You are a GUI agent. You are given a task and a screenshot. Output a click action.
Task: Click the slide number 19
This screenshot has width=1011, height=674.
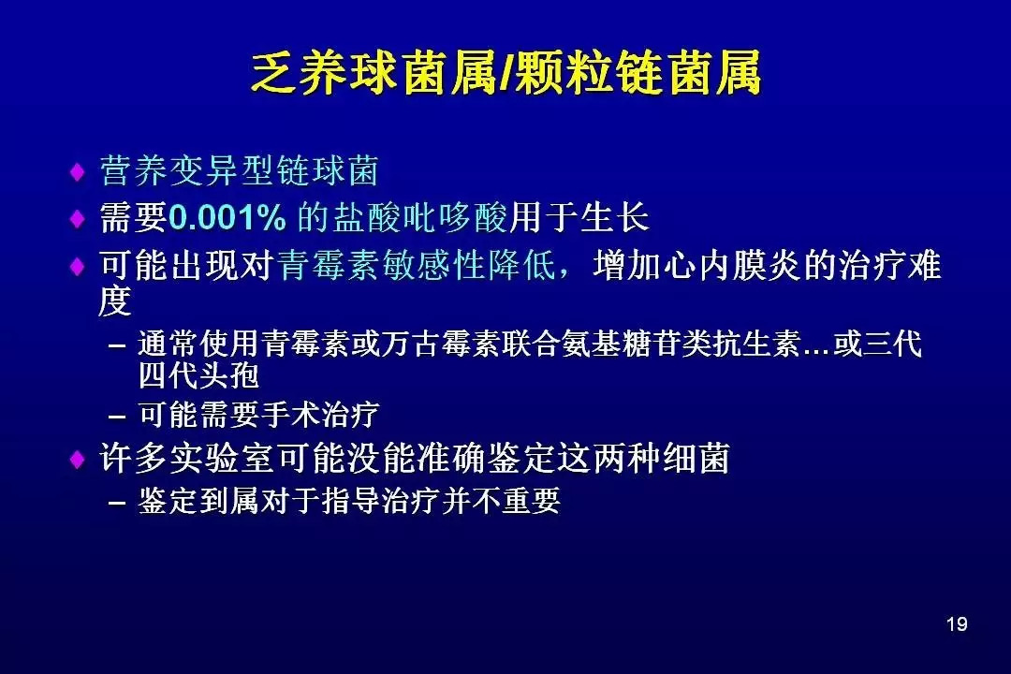click(x=957, y=623)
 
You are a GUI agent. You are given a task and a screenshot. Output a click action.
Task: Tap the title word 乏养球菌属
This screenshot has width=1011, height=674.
click(x=374, y=72)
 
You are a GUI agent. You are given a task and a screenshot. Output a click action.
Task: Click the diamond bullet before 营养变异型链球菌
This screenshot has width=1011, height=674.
click(x=78, y=172)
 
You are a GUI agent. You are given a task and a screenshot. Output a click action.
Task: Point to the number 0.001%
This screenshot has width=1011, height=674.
click(x=227, y=217)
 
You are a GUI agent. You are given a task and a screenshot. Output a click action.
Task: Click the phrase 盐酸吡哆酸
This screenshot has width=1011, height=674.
click(x=420, y=217)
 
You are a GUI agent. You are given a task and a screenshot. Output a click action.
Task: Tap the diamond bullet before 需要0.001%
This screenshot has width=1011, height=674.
click(x=78, y=219)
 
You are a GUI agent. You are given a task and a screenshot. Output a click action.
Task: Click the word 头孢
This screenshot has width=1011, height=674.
click(x=229, y=375)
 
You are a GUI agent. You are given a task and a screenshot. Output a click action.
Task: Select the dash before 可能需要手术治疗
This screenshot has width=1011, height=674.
click(x=117, y=417)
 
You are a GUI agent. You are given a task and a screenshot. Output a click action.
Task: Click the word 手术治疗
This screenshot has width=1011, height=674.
click(x=319, y=414)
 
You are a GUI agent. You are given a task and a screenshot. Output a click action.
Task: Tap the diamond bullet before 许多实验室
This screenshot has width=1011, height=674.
click(x=78, y=460)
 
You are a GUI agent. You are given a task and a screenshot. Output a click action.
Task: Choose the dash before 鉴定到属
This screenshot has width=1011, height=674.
click(x=117, y=503)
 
